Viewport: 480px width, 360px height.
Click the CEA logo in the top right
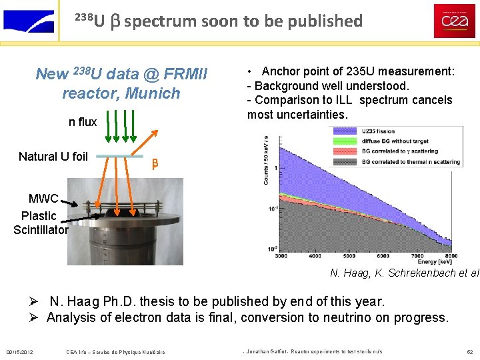[x=455, y=21]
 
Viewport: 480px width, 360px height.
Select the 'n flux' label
[x=83, y=122]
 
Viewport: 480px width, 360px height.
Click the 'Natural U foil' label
[x=53, y=157]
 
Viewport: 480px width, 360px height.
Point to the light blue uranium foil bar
[x=120, y=157]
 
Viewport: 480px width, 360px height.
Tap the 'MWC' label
[x=43, y=199]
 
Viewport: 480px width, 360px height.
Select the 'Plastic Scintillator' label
[x=40, y=223]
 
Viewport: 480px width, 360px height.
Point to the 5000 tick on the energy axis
[x=349, y=255]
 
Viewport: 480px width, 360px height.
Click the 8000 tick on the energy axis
[x=451, y=255]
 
